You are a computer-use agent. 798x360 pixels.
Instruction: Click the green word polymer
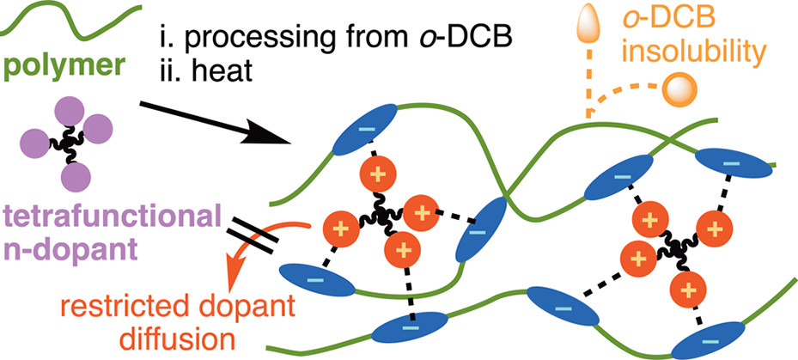pyautogui.click(x=54, y=67)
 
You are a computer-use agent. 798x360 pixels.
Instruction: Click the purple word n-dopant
pyautogui.click(x=64, y=242)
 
